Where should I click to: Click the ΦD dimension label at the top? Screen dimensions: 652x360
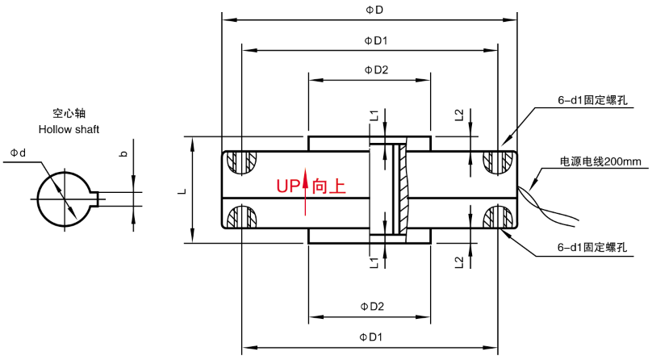[x=374, y=10]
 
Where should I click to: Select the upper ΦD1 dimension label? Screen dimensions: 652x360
[x=376, y=40]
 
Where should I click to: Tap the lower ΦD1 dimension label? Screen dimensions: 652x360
[x=370, y=337]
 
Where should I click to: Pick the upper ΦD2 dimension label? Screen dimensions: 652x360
[x=376, y=70]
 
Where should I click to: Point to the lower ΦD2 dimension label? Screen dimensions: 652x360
[x=372, y=307]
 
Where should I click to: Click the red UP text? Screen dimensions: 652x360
[x=288, y=186]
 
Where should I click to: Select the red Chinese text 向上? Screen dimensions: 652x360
[x=329, y=186]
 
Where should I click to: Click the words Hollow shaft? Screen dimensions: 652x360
[x=69, y=129]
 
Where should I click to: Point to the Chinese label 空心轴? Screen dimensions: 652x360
[x=69, y=113]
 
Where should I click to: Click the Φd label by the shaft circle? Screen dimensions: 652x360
[x=18, y=153]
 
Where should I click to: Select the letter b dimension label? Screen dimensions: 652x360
[x=123, y=153]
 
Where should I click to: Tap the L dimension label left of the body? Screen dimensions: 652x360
[x=182, y=190]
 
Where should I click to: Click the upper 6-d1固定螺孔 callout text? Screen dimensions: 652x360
[x=592, y=100]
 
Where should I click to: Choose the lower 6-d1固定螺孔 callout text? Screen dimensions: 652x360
[x=592, y=247]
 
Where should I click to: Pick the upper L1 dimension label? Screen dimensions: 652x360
[x=374, y=115]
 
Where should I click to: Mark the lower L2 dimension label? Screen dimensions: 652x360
[x=459, y=262]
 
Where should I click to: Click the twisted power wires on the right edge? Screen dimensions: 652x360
[x=548, y=206]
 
